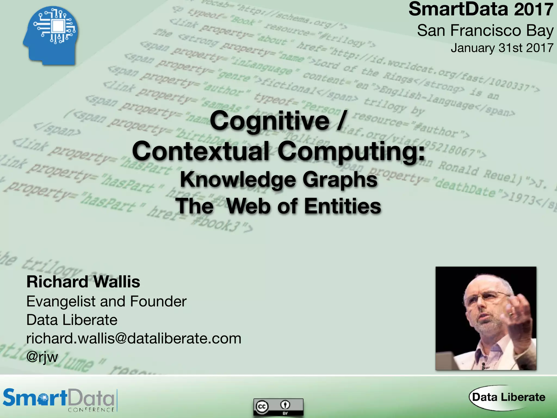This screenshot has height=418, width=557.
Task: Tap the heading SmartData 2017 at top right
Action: [481, 10]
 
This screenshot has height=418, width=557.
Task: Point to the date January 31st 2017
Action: [502, 48]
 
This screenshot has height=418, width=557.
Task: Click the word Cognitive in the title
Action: [270, 121]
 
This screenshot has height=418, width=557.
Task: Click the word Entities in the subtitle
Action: [343, 206]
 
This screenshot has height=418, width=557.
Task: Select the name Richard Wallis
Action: [83, 282]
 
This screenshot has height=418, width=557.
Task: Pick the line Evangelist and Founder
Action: [106, 302]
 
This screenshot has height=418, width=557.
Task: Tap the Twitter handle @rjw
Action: [42, 357]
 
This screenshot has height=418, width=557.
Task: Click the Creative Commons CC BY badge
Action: [278, 407]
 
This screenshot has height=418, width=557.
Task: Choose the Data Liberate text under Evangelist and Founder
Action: [72, 320]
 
